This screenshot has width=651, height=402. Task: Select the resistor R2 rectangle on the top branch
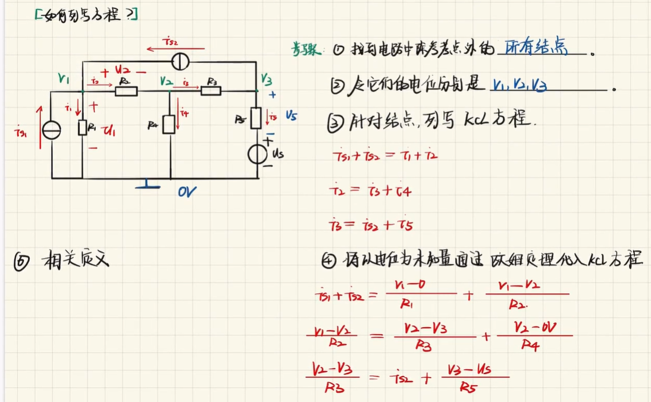[126, 91]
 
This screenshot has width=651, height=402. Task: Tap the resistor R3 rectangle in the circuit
[210, 91]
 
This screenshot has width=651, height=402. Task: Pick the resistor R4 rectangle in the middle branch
[170, 124]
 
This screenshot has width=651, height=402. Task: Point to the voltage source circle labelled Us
[258, 155]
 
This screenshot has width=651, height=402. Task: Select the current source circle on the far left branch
[52, 130]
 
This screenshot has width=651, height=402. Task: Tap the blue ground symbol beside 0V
[148, 186]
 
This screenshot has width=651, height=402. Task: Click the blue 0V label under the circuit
[186, 191]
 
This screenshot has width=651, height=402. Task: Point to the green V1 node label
[64, 78]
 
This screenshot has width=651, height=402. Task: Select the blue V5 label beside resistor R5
[290, 117]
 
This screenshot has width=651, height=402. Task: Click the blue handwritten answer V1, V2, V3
[519, 86]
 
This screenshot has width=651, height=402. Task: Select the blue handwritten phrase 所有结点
[535, 49]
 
